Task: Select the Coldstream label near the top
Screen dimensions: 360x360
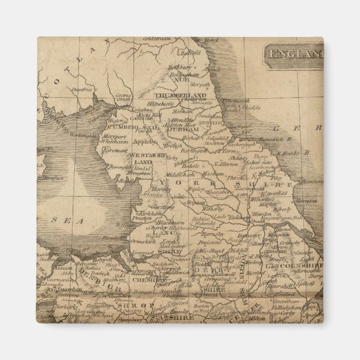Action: [152, 38]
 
